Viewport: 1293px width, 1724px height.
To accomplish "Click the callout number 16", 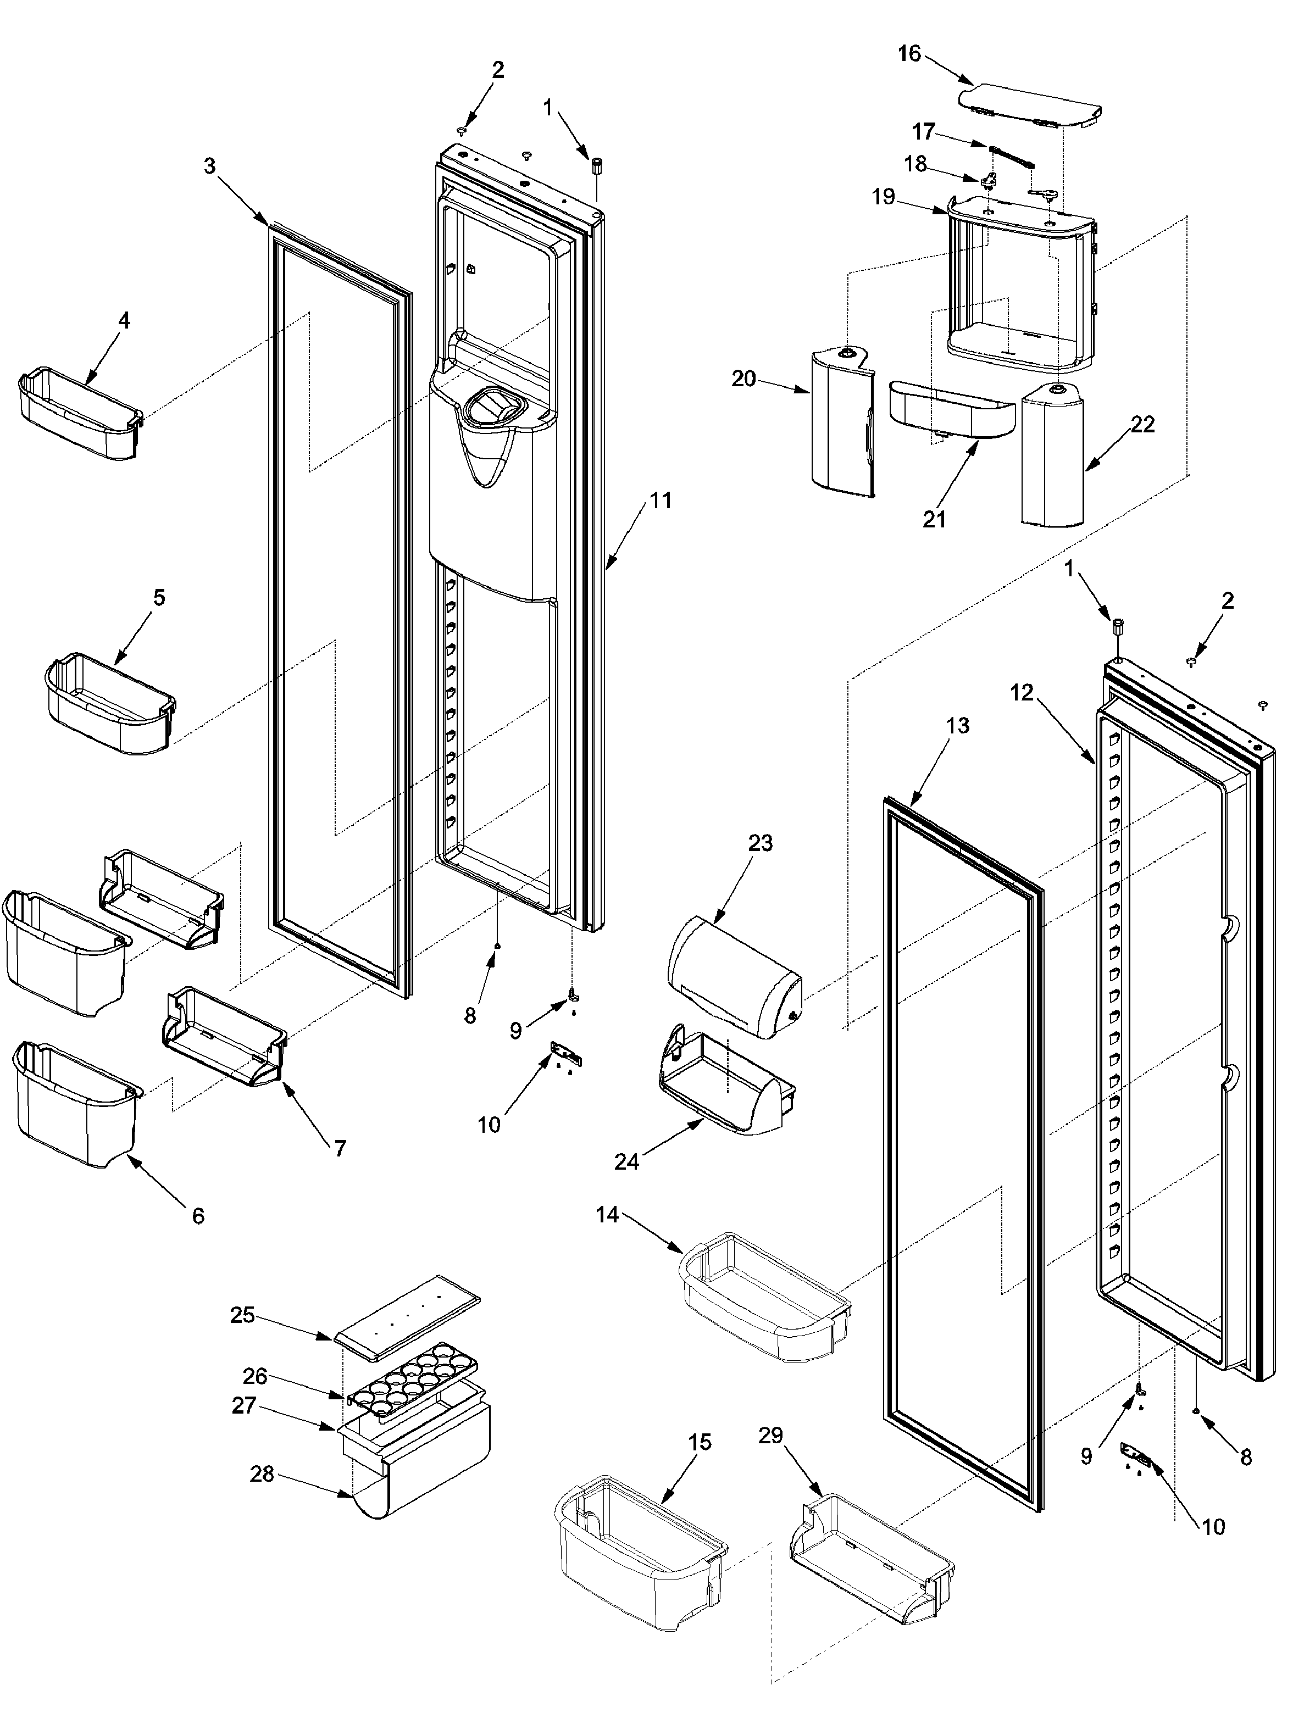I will pos(909,54).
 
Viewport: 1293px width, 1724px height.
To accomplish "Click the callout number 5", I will pos(159,598).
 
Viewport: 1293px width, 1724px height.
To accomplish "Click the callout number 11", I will pos(660,500).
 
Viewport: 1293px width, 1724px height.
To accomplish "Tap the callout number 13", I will pos(957,726).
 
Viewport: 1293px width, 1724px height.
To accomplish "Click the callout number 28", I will pos(262,1475).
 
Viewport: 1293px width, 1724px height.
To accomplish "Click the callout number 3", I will pos(210,166).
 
